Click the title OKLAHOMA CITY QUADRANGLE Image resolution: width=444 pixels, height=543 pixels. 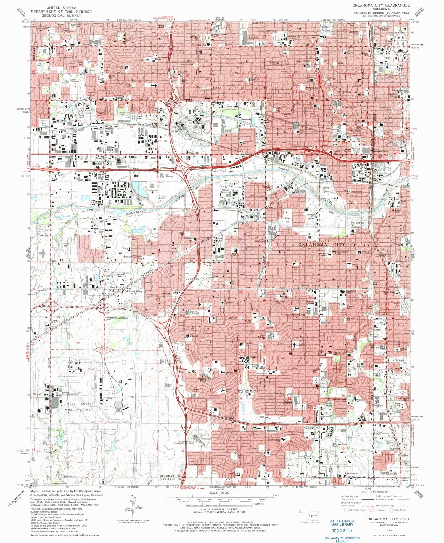pos(381,5)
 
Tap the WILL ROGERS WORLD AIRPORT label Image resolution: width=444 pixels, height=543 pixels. pos(78,406)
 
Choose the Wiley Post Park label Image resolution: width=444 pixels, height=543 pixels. pos(358,223)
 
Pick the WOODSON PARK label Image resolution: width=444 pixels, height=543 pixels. pos(197,279)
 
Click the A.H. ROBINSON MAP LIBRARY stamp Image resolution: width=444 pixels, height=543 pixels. pos(342,522)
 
